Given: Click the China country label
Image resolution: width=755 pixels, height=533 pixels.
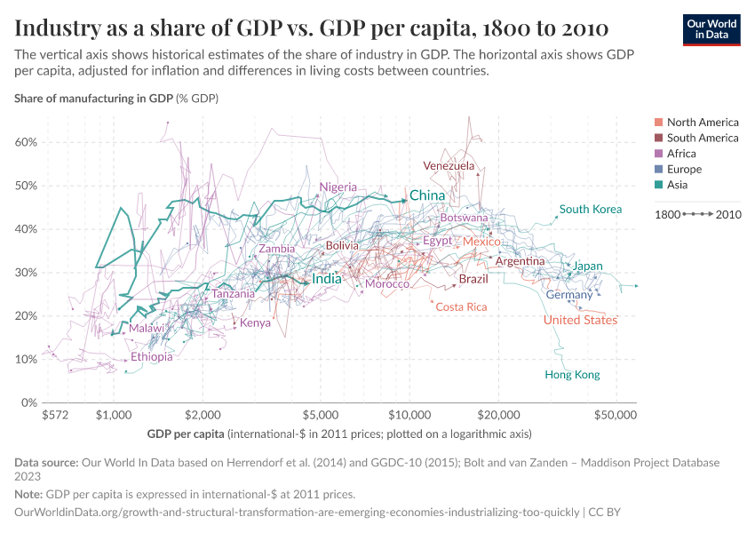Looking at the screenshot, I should click(x=426, y=195).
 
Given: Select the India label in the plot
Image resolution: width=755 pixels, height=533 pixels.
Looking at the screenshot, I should click(x=327, y=279).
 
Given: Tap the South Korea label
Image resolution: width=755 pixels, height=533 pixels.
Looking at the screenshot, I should click(x=591, y=210).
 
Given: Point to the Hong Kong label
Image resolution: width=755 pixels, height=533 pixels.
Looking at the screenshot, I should click(x=572, y=375).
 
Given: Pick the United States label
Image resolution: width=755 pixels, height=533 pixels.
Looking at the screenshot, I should click(x=580, y=320).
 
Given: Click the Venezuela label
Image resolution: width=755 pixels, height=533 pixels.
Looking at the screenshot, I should click(x=449, y=166).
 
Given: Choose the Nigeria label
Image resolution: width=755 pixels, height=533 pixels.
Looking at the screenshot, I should click(x=338, y=187).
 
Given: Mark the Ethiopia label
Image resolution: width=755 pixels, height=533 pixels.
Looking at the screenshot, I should click(x=152, y=357).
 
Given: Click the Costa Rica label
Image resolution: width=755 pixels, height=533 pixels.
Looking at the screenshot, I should click(x=461, y=306).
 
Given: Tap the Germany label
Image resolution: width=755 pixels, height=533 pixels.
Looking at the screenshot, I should click(x=569, y=295).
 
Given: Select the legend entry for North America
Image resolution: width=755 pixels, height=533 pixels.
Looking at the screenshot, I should click(x=702, y=123).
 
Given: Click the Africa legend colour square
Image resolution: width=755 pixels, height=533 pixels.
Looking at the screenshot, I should click(x=658, y=154).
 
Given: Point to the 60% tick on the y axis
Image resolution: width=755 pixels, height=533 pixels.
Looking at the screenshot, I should click(x=25, y=142).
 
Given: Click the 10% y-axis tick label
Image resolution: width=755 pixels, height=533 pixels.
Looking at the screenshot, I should click(x=25, y=359).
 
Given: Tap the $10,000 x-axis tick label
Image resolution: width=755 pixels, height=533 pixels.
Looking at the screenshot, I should click(x=409, y=415).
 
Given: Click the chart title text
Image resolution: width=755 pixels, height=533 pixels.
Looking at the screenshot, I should click(x=311, y=28).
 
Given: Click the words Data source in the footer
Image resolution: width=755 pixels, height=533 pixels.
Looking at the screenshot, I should click(x=46, y=462).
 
